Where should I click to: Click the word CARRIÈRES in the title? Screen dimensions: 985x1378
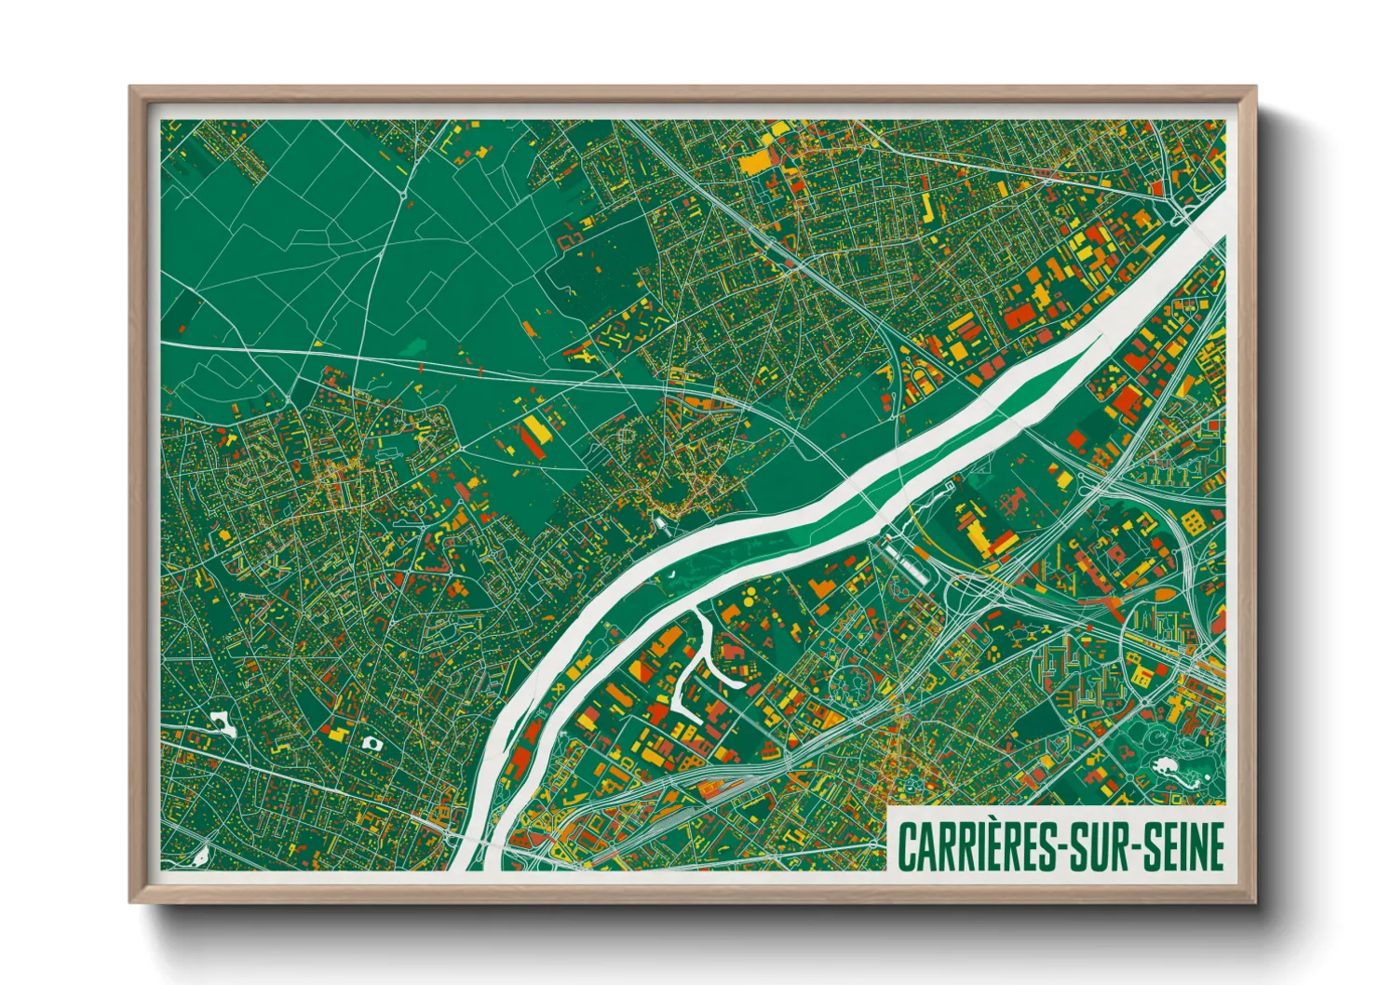pyautogui.click(x=975, y=846)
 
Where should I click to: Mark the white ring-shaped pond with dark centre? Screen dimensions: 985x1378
pyautogui.click(x=372, y=743)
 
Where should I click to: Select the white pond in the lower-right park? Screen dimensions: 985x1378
pyautogui.click(x=1163, y=767)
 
